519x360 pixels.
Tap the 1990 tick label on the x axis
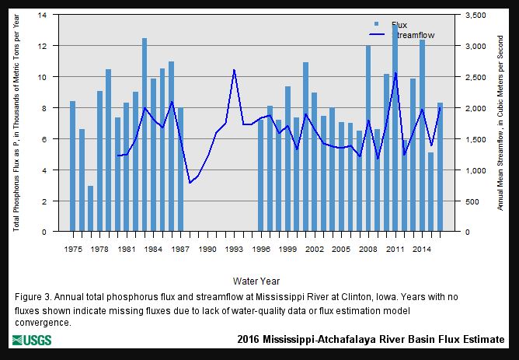click(x=207, y=249)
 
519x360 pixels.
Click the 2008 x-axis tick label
click(x=368, y=249)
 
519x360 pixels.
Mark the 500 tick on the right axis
click(x=472, y=201)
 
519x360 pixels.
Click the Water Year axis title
click(x=256, y=281)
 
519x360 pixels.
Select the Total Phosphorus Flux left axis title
click(x=17, y=124)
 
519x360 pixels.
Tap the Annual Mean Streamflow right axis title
click(x=503, y=124)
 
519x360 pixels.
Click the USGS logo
click(x=31, y=341)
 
